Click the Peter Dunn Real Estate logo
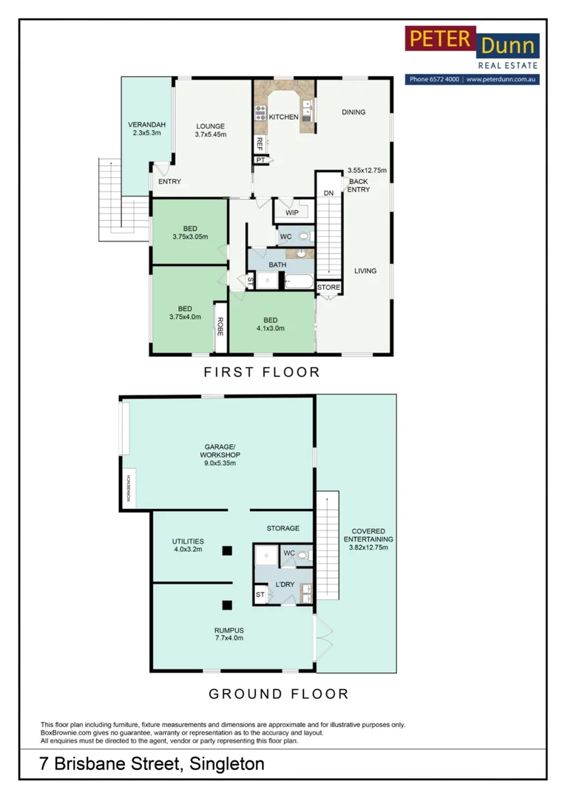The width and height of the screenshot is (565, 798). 472,55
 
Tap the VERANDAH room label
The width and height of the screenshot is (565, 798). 146,129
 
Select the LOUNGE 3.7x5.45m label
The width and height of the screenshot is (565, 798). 211,130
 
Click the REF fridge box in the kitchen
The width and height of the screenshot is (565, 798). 260,144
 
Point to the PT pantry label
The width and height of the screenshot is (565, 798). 260,160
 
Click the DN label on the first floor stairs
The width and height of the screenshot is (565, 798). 328,193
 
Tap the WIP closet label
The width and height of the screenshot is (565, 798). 292,213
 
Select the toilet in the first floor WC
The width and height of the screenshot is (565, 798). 305,236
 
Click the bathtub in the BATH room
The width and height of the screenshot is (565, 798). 299,281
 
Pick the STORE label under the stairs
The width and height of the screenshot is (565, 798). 328,287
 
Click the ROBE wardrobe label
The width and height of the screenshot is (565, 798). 220,327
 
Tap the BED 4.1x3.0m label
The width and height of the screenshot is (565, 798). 271,324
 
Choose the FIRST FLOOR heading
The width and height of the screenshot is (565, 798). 262,372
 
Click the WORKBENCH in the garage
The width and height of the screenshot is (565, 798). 129,488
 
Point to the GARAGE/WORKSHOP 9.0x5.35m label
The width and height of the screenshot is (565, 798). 220,455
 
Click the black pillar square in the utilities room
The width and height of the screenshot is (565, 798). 227,550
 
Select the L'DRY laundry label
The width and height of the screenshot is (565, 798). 285,584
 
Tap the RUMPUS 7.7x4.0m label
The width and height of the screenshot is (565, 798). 229,634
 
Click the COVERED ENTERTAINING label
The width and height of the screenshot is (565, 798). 368,539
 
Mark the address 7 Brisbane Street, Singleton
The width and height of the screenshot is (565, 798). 152,764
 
